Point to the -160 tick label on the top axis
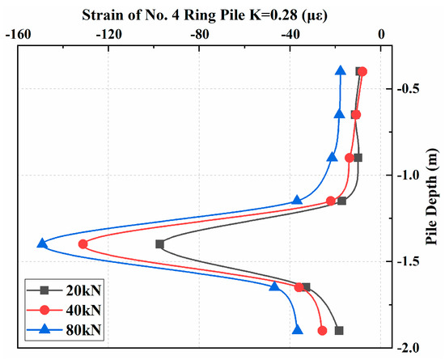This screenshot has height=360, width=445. point(18,35)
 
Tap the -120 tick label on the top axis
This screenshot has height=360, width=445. point(108,35)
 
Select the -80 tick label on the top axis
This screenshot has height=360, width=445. point(199,35)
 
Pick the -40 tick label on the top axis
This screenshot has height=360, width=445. point(290,35)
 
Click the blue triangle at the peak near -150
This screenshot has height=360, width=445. point(42,244)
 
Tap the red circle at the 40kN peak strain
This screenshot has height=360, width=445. point(83,244)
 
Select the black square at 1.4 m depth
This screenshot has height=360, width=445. point(159,244)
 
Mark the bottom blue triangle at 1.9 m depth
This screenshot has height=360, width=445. point(297,330)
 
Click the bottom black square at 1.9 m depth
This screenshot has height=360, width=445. point(339,330)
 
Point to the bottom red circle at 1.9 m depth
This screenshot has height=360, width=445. point(323,330)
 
